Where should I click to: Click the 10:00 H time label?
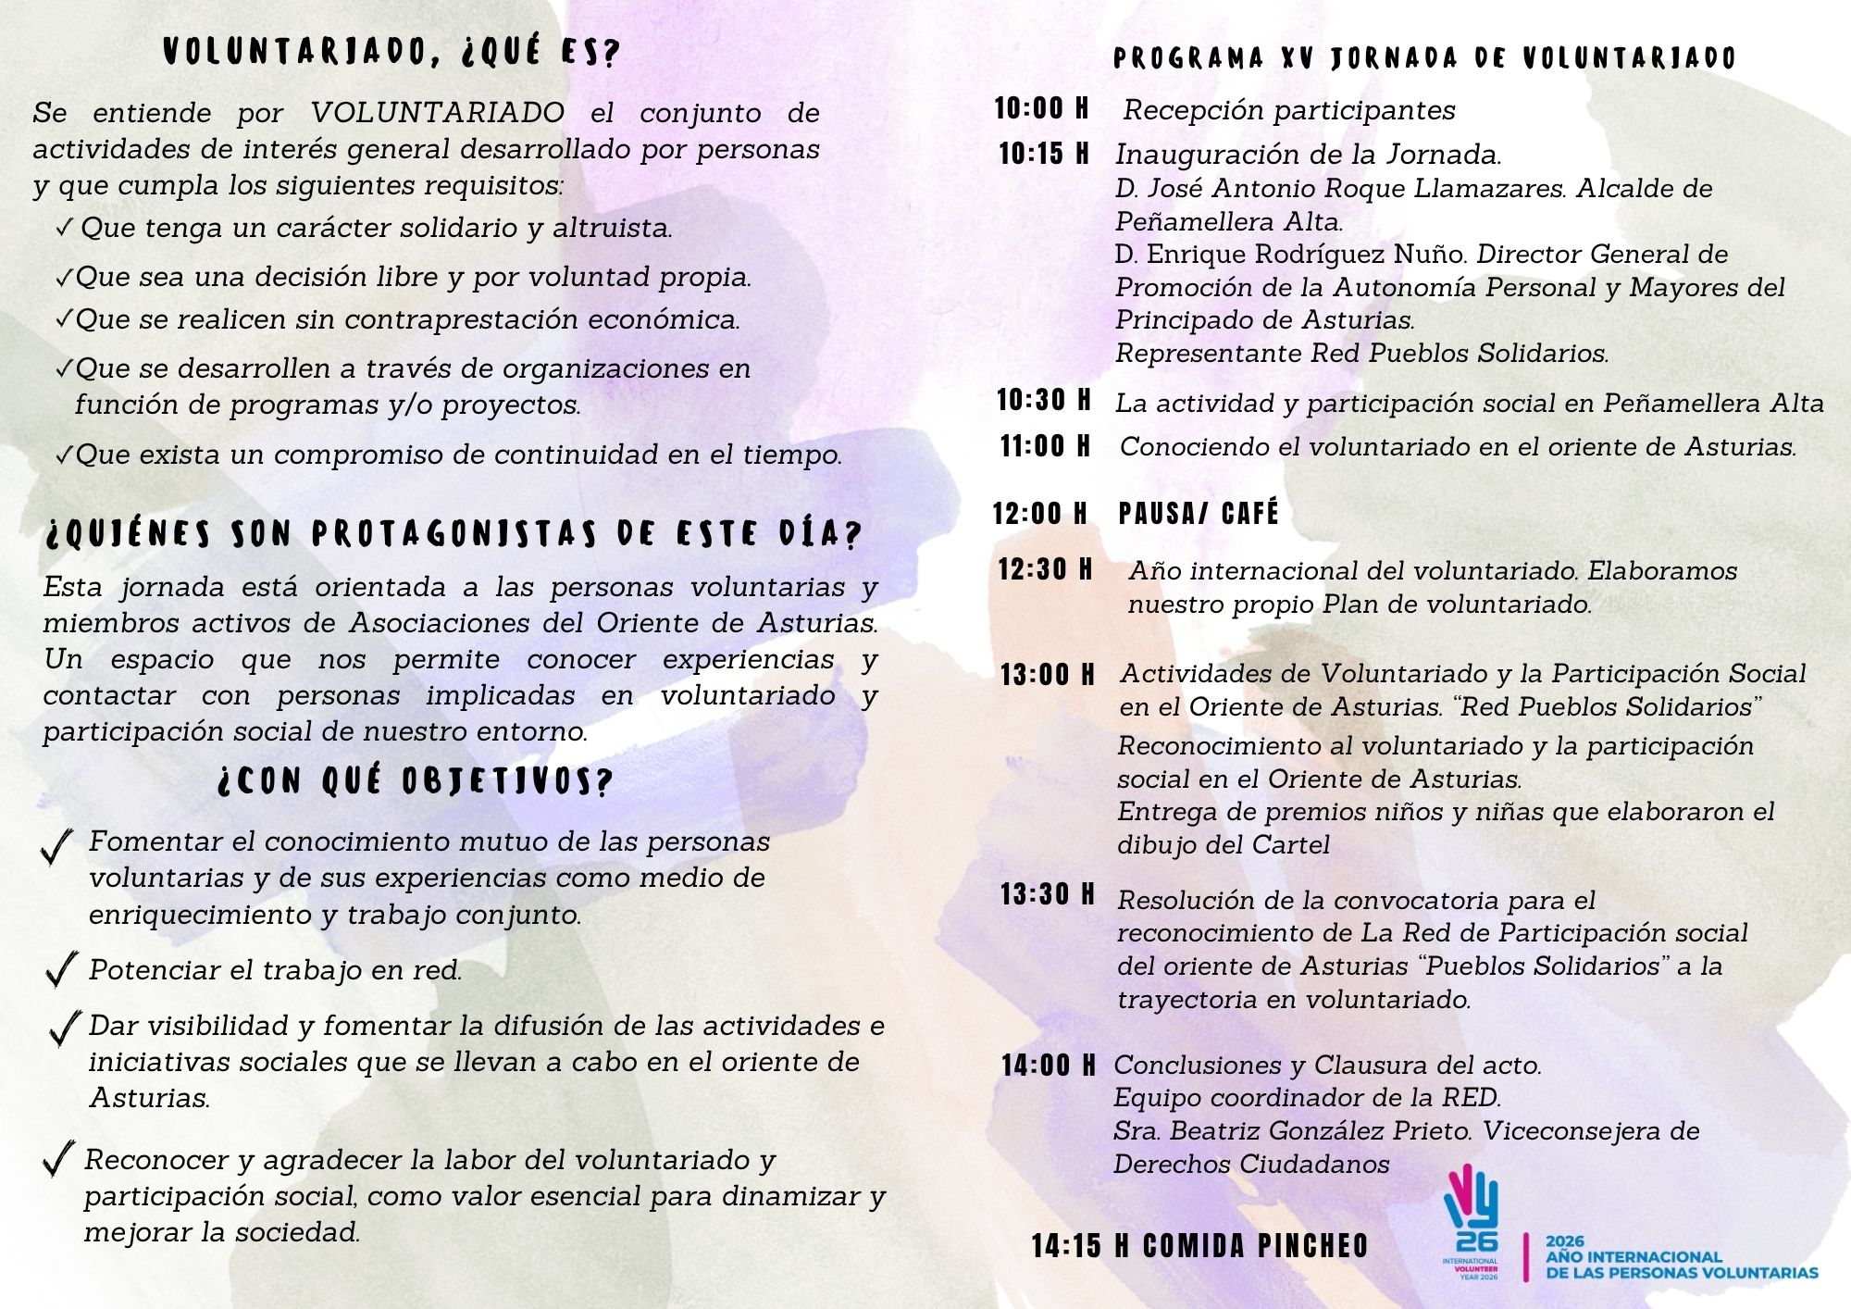1041,108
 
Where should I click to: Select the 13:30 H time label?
1047,894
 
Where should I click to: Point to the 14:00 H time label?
1048,1066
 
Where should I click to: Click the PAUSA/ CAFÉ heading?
1199,514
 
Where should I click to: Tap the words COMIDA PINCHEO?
1256,1246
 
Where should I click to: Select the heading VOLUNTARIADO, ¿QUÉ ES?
391,52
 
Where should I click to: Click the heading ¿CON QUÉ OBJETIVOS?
416,781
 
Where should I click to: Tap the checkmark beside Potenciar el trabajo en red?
61,969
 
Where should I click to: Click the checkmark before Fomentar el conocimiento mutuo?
57,846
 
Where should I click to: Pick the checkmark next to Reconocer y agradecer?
59,1160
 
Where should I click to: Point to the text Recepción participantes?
1289,110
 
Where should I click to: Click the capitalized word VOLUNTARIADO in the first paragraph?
437,113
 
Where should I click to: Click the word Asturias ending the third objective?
149,1098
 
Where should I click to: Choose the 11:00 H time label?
1045,446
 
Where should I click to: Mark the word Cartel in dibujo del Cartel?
1290,845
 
